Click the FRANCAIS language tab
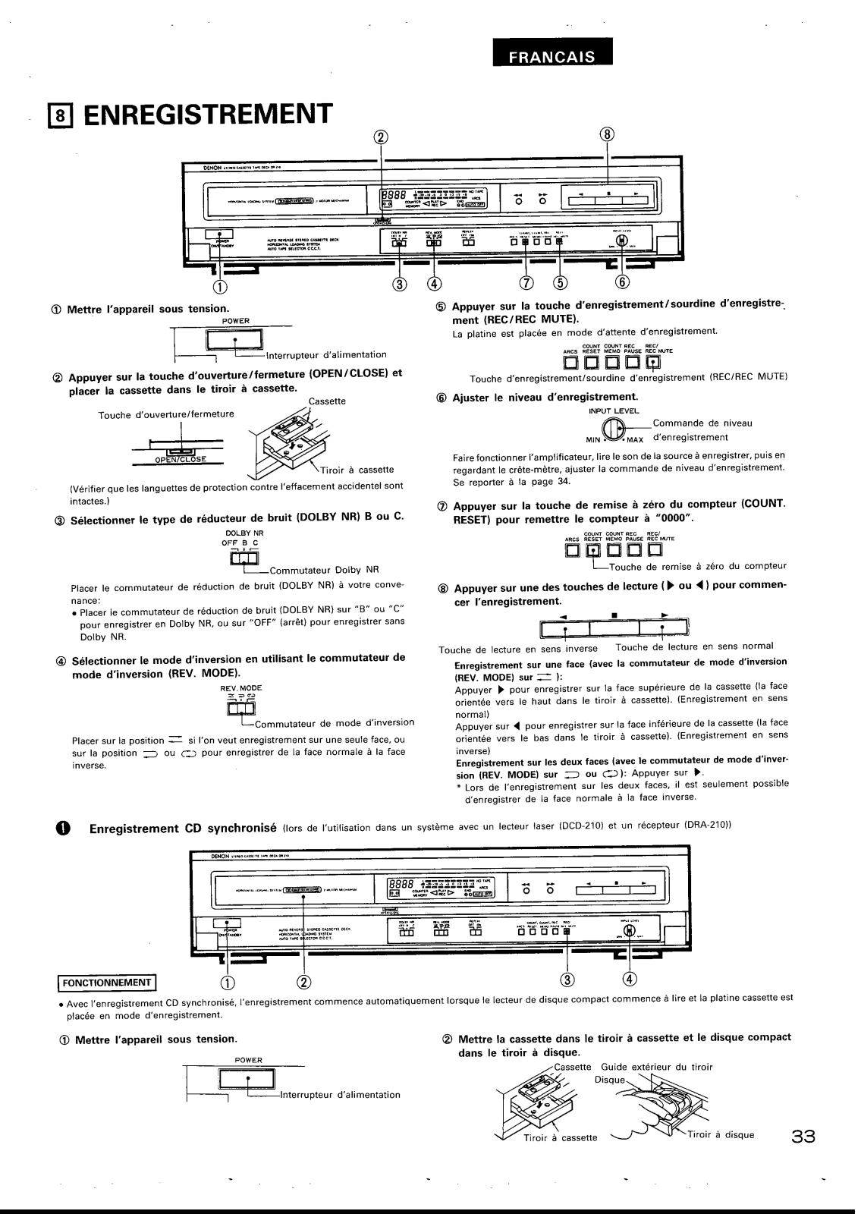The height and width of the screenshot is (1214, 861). (x=551, y=58)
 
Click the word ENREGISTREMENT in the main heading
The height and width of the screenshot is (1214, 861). (x=209, y=114)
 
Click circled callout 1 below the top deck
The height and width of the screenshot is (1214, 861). (x=220, y=285)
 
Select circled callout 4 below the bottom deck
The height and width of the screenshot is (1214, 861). (x=630, y=979)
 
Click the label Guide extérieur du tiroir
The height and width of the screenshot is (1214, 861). (x=657, y=1068)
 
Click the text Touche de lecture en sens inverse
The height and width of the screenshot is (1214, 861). (x=518, y=648)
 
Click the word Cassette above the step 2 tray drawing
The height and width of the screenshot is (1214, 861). (x=328, y=401)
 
